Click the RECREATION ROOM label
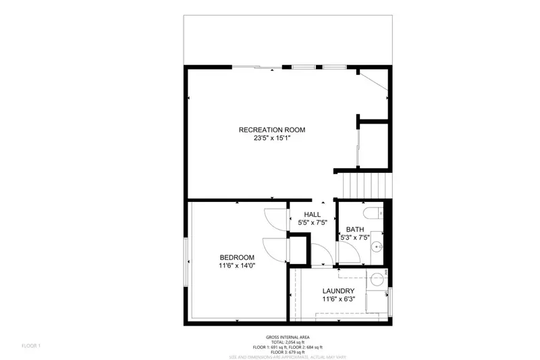coord(272,130)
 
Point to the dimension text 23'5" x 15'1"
coord(272,138)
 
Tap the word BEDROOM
coord(237,257)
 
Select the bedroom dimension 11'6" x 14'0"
coord(237,266)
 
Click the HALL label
coord(312,214)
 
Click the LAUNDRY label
coord(338,290)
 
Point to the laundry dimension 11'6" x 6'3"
coord(338,299)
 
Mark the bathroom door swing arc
coord(346,252)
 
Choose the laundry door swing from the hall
coord(322,255)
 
